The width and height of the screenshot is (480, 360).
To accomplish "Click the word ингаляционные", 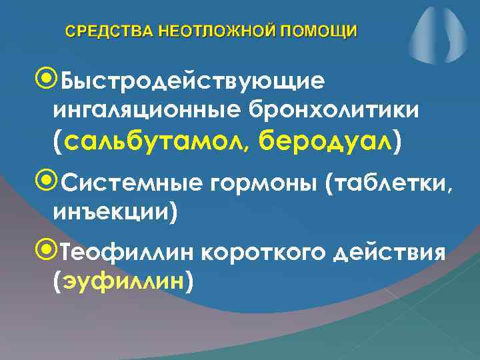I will pyautogui.click(x=147, y=109).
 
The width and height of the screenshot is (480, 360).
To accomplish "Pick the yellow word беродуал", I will pyautogui.click(x=325, y=141).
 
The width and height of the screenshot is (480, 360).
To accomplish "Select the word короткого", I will pyautogui.click(x=259, y=255).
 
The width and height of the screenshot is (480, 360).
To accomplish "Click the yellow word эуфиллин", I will pyautogui.click(x=123, y=283).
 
